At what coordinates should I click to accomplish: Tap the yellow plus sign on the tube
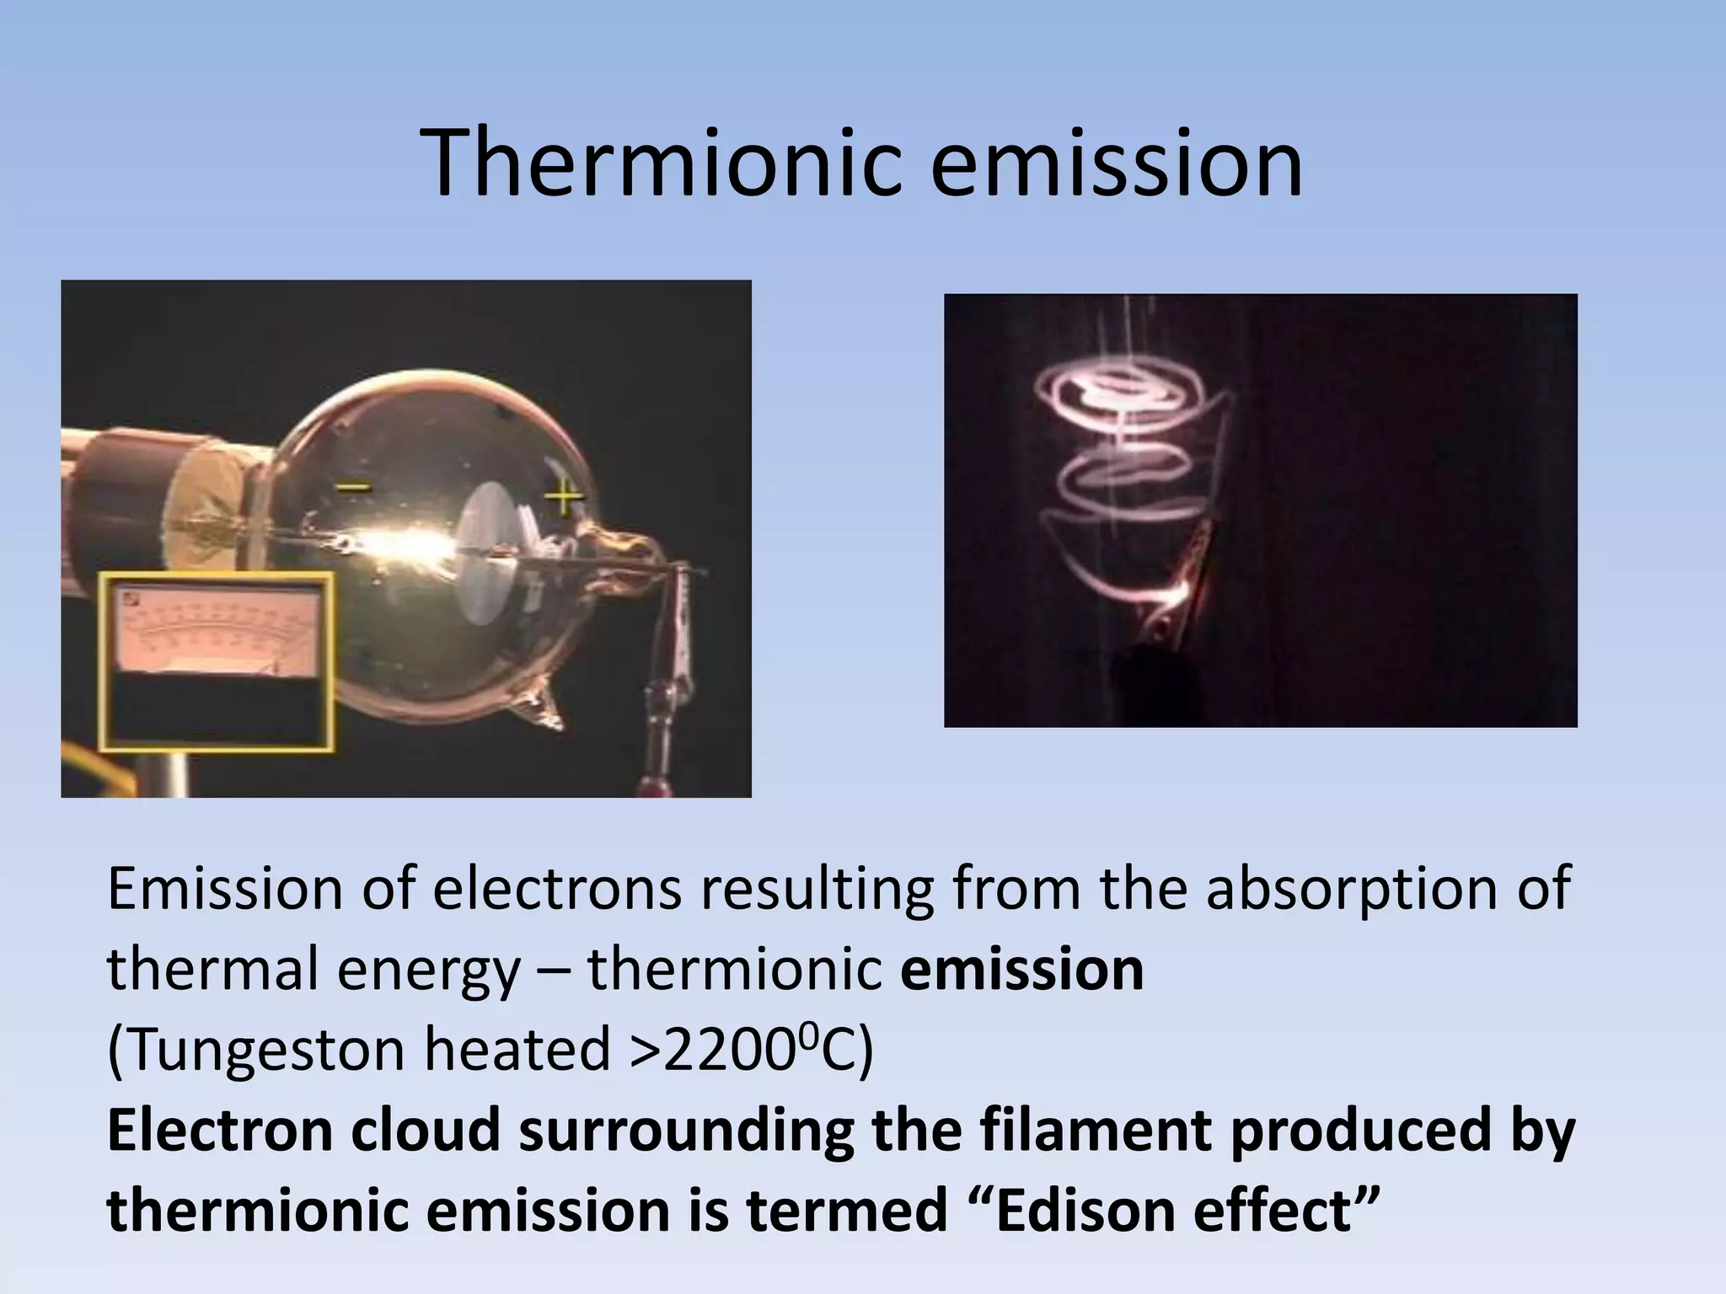click(x=563, y=498)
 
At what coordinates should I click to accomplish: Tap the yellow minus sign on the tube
click(x=355, y=487)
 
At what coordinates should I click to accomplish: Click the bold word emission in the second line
click(x=1022, y=970)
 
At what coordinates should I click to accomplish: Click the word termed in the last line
click(x=846, y=1210)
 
